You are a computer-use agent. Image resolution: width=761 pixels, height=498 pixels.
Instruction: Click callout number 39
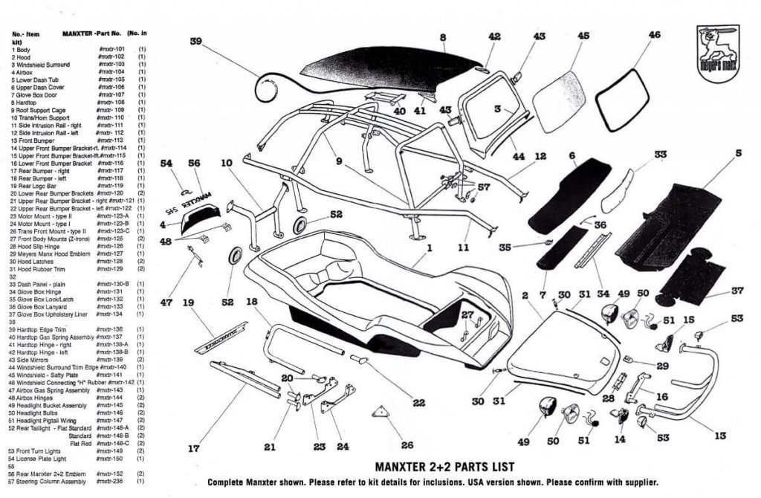tap(196, 42)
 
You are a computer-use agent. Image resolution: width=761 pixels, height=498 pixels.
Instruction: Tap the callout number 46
tap(654, 35)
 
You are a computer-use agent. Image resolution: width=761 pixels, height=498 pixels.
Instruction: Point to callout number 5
tap(739, 154)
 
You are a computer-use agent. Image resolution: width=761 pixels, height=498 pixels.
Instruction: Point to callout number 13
tap(720, 436)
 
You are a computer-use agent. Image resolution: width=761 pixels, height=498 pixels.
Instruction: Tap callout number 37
tap(738, 291)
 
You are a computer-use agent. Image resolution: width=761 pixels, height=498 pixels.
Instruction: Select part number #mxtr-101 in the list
tap(111, 50)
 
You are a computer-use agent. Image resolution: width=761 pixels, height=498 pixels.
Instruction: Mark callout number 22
tap(418, 402)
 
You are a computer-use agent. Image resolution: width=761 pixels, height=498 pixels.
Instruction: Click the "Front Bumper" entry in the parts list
tap(31, 140)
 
